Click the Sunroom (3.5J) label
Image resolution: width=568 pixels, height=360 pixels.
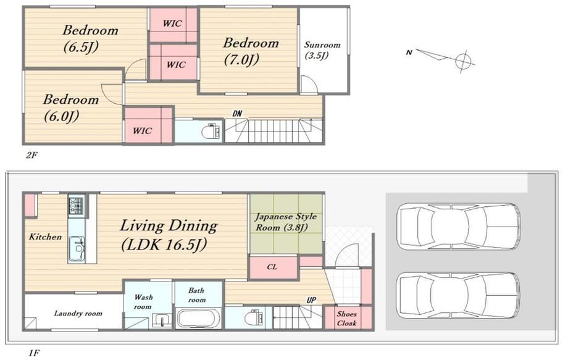tap(322, 50)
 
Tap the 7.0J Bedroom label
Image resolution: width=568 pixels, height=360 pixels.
tap(250, 51)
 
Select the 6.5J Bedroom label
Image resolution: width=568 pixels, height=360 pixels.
tap(90, 38)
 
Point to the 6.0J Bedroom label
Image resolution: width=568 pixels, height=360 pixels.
tap(70, 107)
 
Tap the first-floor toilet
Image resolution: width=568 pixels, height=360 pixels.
tap(253, 317)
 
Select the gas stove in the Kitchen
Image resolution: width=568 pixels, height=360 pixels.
tap(77, 206)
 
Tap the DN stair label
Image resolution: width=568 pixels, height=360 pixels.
tap(237, 114)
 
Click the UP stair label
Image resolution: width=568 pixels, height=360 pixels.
tap(311, 300)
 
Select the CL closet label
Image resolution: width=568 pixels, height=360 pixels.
tap(272, 267)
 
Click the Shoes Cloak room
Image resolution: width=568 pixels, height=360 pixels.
tap(348, 318)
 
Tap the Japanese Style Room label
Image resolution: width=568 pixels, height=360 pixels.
tap(286, 222)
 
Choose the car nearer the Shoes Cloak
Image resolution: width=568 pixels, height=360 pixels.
tap(459, 296)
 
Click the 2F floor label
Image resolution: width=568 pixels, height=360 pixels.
tap(31, 156)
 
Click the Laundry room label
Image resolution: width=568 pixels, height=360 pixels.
tap(78, 313)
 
